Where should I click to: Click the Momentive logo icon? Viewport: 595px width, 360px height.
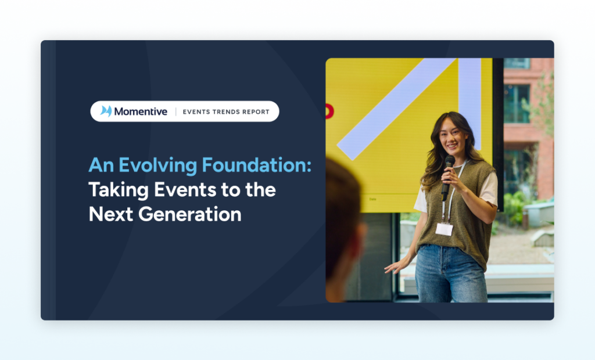coord(106,111)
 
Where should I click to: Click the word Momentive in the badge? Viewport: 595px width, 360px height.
coord(141,111)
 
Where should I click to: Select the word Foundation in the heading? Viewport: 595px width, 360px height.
coord(255,165)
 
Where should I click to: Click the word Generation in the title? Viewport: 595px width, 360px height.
coord(190,214)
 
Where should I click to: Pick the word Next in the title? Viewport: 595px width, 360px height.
coord(111,214)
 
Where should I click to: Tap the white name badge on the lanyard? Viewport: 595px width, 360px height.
coord(444,229)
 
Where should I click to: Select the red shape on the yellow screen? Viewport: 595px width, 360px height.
coord(329,111)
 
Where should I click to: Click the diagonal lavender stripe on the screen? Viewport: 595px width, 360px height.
coord(396,109)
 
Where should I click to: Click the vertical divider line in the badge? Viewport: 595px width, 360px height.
coord(175,111)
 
